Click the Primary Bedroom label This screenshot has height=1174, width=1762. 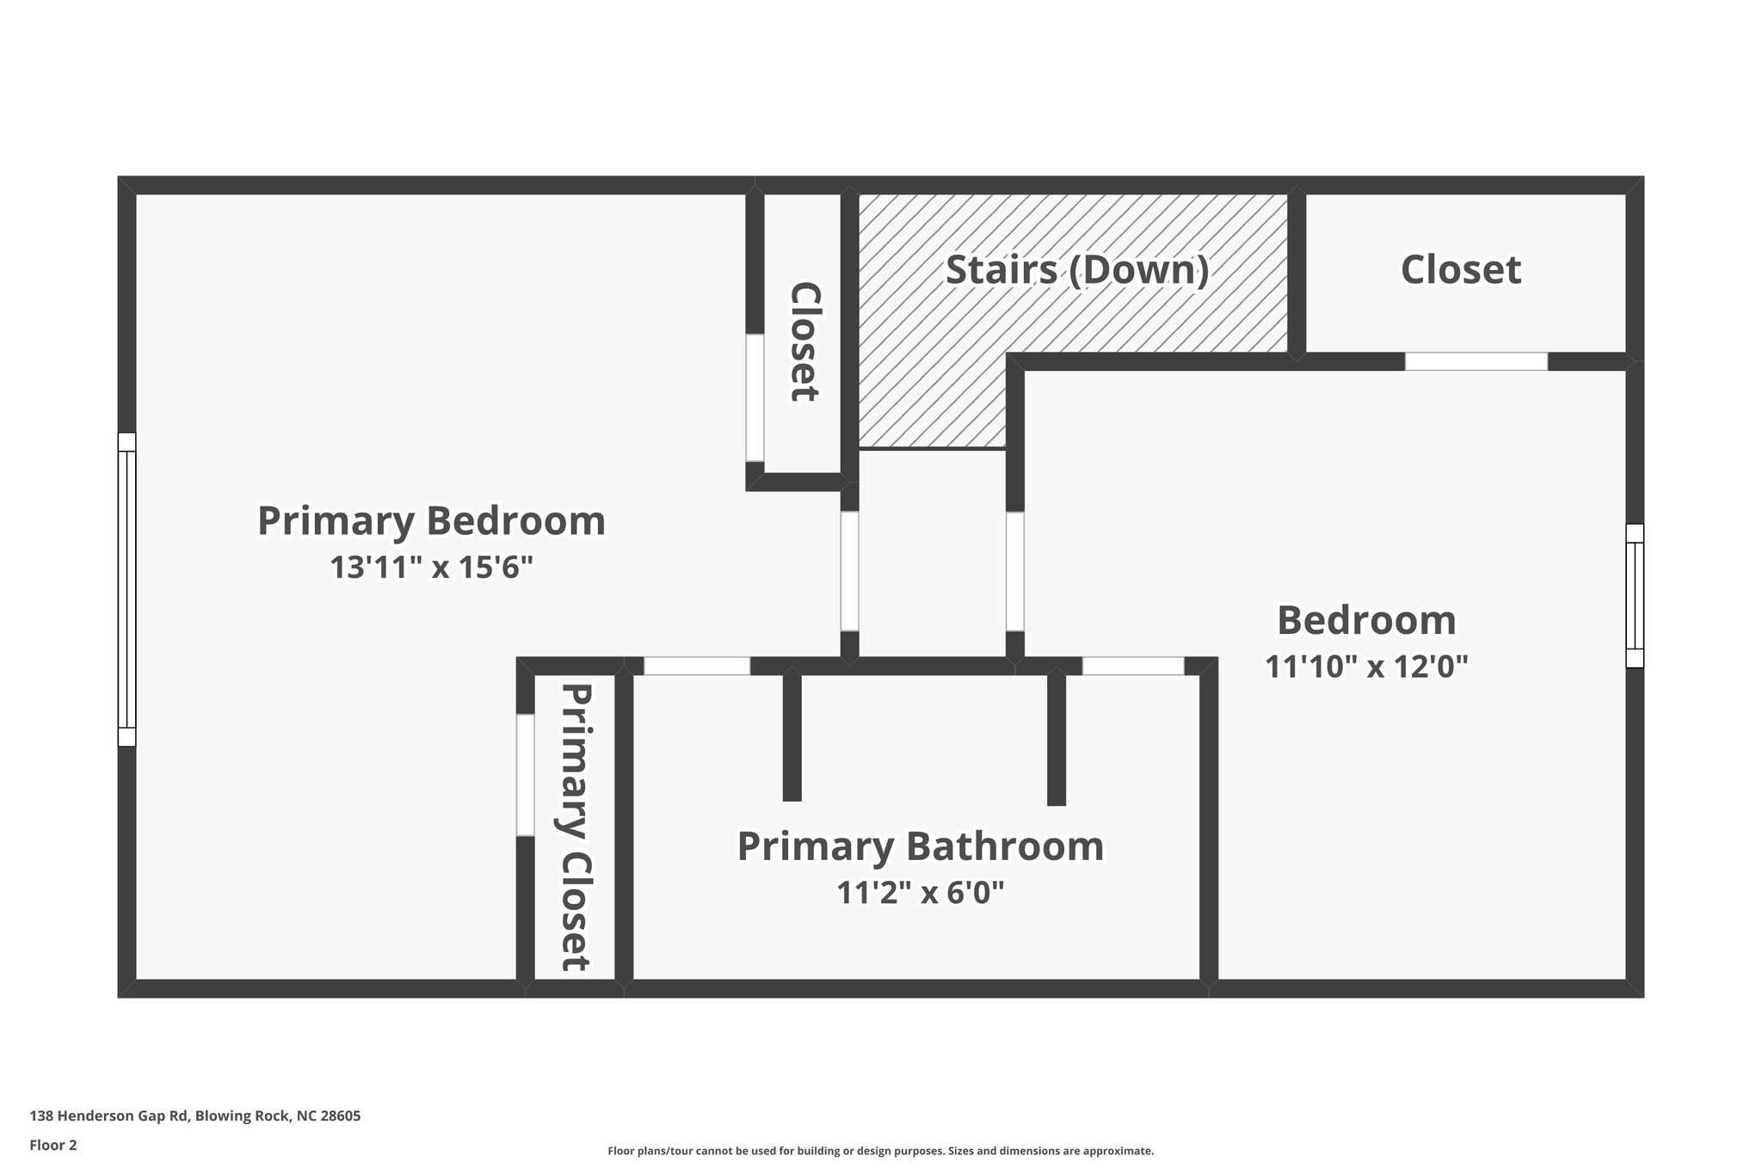pyautogui.click(x=431, y=521)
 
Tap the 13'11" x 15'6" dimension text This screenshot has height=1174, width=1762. pyautogui.click(x=431, y=568)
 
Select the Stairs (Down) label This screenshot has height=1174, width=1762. pyautogui.click(x=1077, y=270)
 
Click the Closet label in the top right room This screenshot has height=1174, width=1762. pyautogui.click(x=1460, y=270)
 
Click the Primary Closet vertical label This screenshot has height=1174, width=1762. pyautogui.click(x=576, y=827)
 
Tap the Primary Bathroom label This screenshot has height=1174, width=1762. pyautogui.click(x=920, y=846)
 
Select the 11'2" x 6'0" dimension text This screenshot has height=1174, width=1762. pyautogui.click(x=920, y=893)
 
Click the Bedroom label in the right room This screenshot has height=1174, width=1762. pyautogui.click(x=1365, y=620)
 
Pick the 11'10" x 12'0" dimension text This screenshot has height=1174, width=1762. pyautogui.click(x=1365, y=667)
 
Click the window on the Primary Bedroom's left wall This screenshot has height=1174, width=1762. pyautogui.click(x=126, y=589)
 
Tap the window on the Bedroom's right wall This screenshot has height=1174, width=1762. pyautogui.click(x=1634, y=595)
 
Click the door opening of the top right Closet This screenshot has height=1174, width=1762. pyautogui.click(x=1476, y=361)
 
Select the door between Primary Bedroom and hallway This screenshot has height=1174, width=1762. pyautogui.click(x=849, y=571)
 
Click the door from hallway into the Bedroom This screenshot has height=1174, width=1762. pyautogui.click(x=1014, y=571)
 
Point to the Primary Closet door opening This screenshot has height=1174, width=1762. pyautogui.click(x=525, y=774)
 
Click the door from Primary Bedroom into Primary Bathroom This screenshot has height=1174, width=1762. pyautogui.click(x=697, y=666)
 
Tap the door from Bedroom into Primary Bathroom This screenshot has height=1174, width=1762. pyautogui.click(x=1132, y=666)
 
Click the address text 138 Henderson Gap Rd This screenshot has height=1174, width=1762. pyautogui.click(x=194, y=1116)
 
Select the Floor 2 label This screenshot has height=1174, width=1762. pyautogui.click(x=52, y=1146)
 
